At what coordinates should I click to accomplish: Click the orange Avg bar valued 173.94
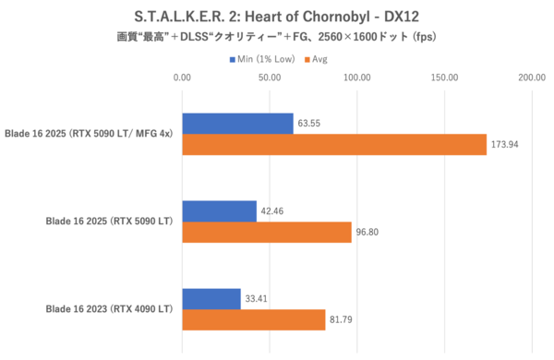[334, 144]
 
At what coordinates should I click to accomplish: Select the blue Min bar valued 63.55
[237, 124]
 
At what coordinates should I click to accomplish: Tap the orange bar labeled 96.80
[267, 232]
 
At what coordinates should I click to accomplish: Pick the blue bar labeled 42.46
[219, 211]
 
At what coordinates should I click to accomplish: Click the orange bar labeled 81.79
[254, 319]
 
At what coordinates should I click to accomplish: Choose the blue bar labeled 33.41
[211, 299]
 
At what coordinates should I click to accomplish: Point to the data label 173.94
[505, 146]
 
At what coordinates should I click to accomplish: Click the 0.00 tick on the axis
[182, 78]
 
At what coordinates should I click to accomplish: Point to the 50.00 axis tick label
[270, 78]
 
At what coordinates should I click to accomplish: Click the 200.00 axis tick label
[531, 78]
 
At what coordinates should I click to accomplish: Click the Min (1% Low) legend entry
[268, 59]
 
